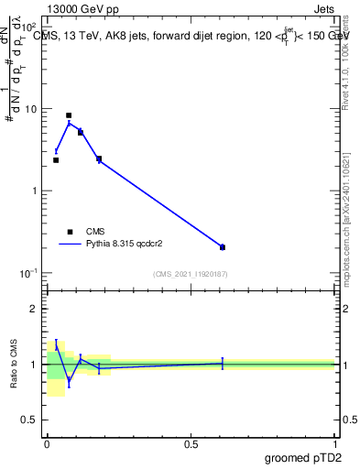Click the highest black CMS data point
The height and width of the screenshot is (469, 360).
pyautogui.click(x=69, y=115)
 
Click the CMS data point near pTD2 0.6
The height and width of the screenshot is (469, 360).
pyautogui.click(x=223, y=247)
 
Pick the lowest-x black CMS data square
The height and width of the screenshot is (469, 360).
pyautogui.click(x=56, y=160)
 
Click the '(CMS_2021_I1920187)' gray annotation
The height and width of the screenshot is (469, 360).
pyautogui.click(x=191, y=274)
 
